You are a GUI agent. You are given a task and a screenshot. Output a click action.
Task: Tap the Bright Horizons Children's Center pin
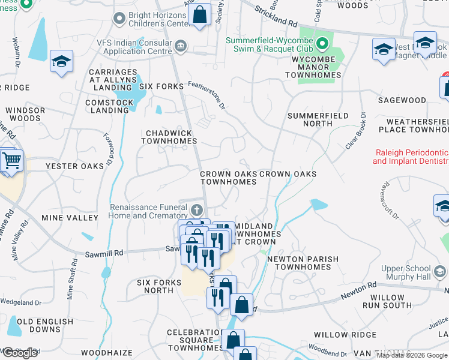coord(120,19)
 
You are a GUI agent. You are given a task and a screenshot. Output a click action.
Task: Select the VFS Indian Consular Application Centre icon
coord(180,47)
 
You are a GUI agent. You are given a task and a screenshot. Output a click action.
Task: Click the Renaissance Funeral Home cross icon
coord(197,211)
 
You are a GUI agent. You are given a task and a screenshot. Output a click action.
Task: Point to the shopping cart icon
coord(11,161)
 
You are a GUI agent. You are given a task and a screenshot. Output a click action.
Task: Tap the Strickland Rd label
coord(275,16)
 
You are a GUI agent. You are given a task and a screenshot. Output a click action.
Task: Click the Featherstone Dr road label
coord(206,95)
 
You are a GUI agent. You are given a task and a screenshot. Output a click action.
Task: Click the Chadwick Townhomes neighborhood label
coord(169,137)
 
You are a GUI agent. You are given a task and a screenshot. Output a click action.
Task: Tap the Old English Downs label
coord(44,325)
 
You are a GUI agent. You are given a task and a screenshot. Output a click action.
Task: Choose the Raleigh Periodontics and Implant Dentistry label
coord(411,157)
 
